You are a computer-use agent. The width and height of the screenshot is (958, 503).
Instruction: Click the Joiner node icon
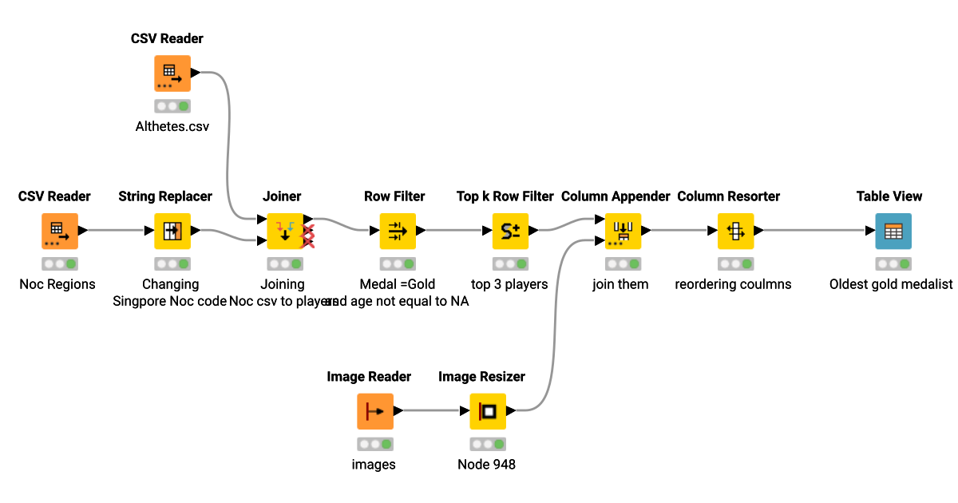pyautogui.click(x=284, y=232)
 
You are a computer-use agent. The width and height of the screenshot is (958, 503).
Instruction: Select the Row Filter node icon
pyautogui.click(x=397, y=232)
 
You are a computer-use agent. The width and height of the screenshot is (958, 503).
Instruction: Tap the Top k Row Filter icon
pyautogui.click(x=510, y=232)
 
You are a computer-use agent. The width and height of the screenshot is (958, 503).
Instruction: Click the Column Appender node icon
pyautogui.click(x=623, y=232)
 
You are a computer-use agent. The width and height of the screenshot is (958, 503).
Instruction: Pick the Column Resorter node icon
pyautogui.click(x=735, y=232)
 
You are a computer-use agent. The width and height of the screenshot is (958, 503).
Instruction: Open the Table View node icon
pyautogui.click(x=893, y=232)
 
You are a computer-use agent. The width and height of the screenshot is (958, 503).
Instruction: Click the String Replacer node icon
pyautogui.click(x=172, y=232)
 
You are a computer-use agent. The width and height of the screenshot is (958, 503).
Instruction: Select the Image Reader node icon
pyautogui.click(x=374, y=411)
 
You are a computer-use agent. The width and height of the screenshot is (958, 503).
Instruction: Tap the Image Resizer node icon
pyautogui.click(x=487, y=411)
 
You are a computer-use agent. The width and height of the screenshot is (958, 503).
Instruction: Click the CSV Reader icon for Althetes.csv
pyautogui.click(x=172, y=73)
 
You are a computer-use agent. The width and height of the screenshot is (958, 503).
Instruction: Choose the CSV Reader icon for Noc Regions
pyautogui.click(x=59, y=232)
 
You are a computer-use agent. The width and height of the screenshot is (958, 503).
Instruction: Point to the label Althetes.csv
pyautogui.click(x=172, y=126)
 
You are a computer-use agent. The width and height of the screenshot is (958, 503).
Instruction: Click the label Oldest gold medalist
pyautogui.click(x=891, y=284)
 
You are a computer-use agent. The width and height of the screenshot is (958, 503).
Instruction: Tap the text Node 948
pyautogui.click(x=486, y=464)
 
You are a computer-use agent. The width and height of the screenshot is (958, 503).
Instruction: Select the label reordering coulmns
pyautogui.click(x=733, y=284)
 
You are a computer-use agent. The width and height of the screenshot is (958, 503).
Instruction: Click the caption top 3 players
pyautogui.click(x=509, y=284)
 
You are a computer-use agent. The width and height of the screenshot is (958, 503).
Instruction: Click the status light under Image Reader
pyautogui.click(x=374, y=443)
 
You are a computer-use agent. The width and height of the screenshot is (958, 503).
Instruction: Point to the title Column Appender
pyautogui.click(x=616, y=196)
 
